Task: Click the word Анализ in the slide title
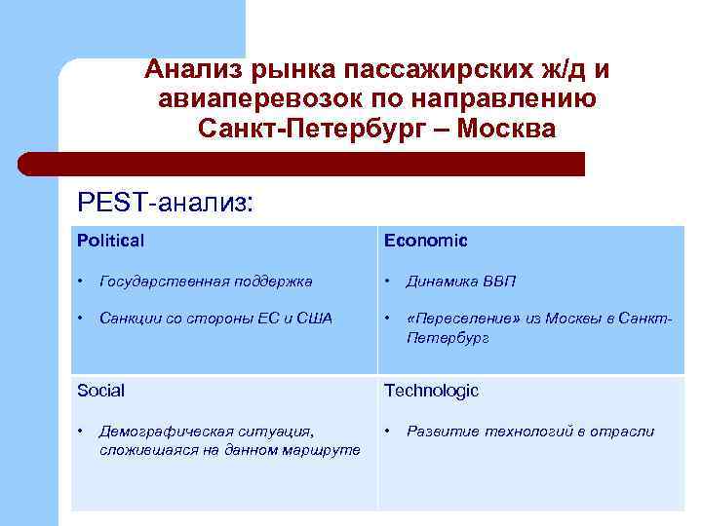(194, 70)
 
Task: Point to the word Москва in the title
(504, 129)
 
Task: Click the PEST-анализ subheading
(164, 203)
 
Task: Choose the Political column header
(110, 240)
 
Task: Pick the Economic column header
(425, 240)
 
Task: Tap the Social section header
(101, 391)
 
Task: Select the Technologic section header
(431, 391)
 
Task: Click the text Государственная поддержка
(206, 282)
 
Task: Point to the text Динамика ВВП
(461, 282)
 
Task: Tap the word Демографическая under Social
(159, 431)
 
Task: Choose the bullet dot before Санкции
(82, 318)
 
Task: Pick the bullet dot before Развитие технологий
(388, 431)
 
